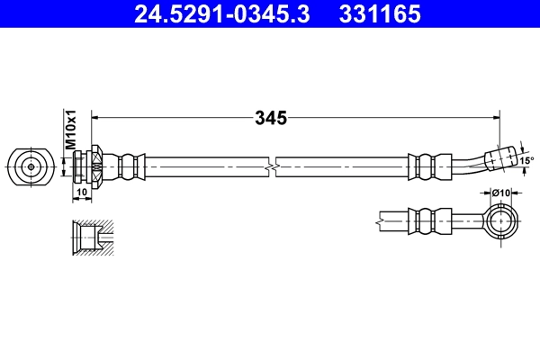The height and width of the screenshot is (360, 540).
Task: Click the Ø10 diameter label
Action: point(501,191)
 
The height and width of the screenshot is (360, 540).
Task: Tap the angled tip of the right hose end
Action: point(502,157)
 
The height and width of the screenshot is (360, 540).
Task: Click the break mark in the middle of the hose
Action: point(271,166)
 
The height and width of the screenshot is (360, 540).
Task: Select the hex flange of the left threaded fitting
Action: point(95,166)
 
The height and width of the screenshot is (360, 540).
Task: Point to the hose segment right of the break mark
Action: point(342,166)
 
